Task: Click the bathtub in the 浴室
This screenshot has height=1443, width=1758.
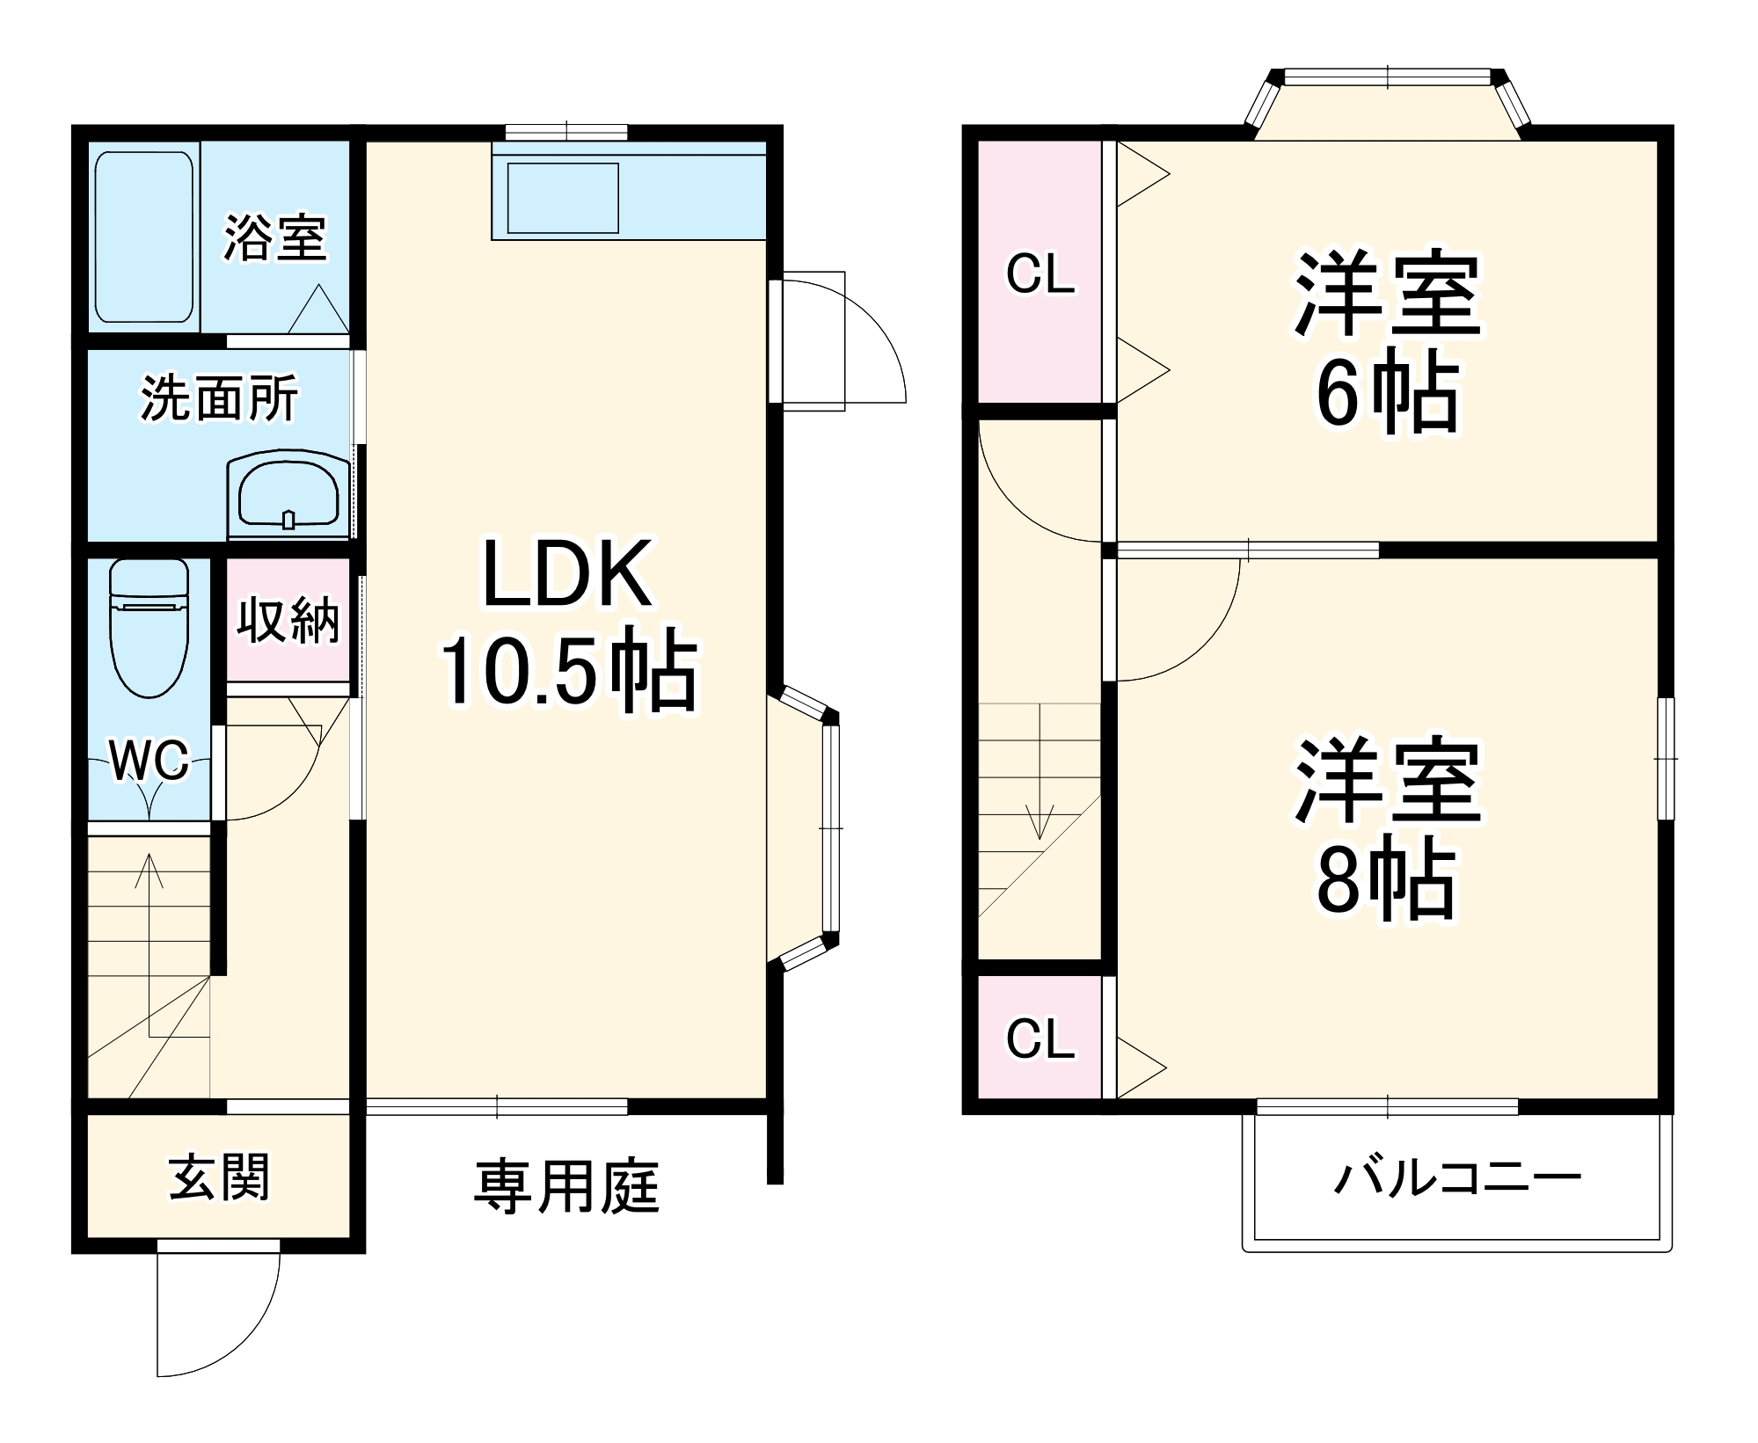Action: tap(144, 237)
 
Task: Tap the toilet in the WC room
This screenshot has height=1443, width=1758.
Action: tap(150, 629)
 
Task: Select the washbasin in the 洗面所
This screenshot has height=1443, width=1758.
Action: tap(288, 497)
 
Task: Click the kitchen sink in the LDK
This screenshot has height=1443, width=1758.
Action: tap(563, 199)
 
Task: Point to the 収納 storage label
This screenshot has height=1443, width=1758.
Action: tap(288, 620)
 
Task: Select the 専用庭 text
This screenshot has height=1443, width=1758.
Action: tap(567, 1186)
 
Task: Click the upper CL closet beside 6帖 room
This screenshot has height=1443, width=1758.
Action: tap(1040, 273)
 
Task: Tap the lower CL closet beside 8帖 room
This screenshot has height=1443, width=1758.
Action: tap(1040, 1039)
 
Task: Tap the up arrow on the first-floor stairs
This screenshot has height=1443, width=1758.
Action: tap(150, 879)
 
